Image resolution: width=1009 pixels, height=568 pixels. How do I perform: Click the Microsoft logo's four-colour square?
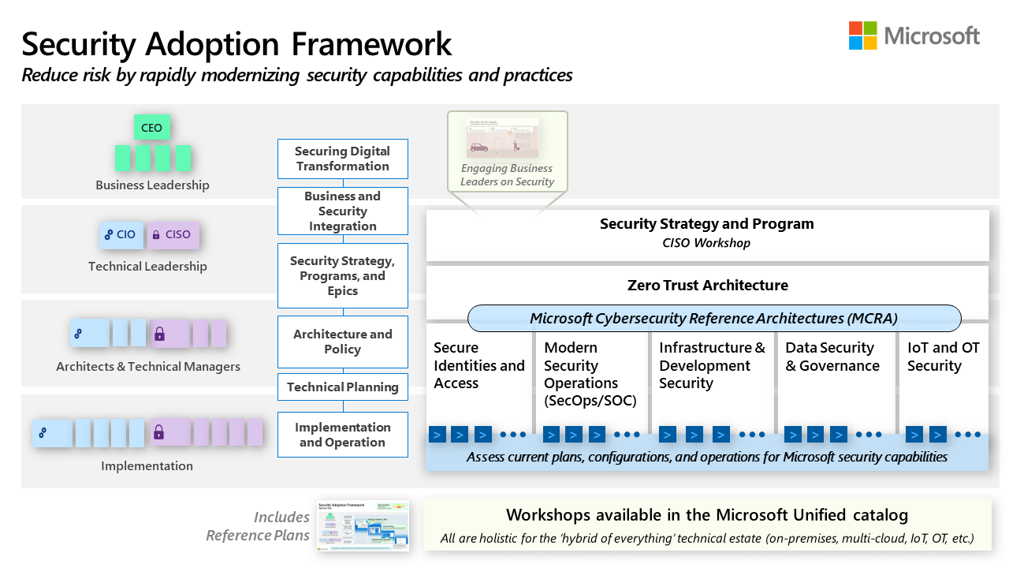[862, 35]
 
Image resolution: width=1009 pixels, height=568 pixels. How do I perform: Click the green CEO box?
[151, 128]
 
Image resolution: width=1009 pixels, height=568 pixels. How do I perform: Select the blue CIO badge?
[121, 234]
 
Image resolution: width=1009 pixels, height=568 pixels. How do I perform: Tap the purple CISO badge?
[172, 234]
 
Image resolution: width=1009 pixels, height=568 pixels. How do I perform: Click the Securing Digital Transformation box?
[342, 159]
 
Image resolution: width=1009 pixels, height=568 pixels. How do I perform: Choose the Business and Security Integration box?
[342, 211]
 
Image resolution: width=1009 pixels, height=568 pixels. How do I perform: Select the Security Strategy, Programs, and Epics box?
[342, 275]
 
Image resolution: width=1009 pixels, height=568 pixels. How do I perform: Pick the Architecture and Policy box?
[342, 342]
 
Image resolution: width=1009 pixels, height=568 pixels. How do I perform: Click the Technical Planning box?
[342, 387]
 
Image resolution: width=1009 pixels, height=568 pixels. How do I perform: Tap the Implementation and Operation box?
[342, 435]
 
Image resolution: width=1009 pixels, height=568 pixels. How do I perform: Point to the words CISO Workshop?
[706, 243]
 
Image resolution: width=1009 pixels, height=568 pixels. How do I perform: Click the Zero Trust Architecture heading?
[707, 285]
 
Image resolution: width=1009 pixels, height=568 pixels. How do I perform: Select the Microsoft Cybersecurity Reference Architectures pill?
[713, 318]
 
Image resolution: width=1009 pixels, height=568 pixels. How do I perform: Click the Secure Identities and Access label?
[478, 365]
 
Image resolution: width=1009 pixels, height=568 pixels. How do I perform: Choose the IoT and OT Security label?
[943, 357]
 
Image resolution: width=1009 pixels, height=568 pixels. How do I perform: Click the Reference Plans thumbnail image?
[363, 525]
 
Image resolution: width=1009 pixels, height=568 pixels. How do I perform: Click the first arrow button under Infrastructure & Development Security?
[667, 434]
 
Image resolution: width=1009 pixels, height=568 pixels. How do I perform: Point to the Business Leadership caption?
[152, 185]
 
